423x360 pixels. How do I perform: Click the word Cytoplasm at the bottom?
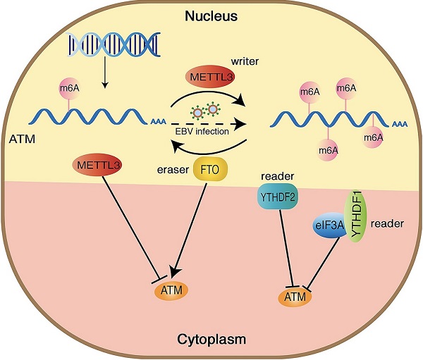211,339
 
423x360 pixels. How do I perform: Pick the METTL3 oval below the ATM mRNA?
97,168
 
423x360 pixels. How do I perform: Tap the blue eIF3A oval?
329,226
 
